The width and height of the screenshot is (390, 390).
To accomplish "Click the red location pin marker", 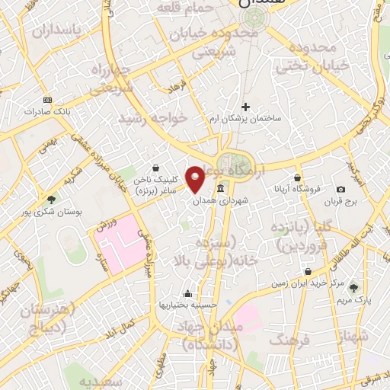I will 196,179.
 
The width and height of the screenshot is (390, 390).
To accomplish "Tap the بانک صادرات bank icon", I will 48,101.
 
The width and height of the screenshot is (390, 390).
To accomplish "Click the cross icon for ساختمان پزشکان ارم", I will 245,107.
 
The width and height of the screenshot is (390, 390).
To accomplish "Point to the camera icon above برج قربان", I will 340,189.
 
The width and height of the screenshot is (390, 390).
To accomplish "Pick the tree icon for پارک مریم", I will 353,287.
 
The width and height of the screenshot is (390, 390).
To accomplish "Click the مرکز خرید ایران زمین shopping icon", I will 307,271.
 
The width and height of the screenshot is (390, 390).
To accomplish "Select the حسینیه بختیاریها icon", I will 187,293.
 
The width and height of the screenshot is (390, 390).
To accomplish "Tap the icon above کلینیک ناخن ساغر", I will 156,168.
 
